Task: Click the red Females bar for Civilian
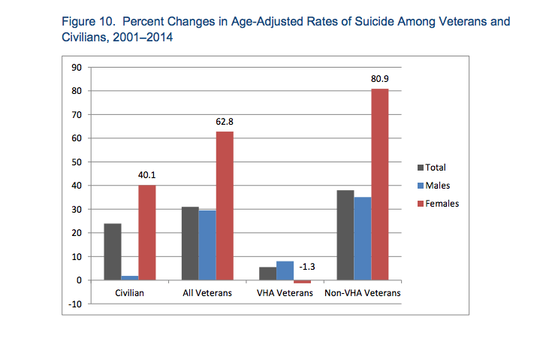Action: tap(146, 232)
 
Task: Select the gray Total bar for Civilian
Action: tap(113, 252)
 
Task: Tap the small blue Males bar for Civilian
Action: tap(129, 277)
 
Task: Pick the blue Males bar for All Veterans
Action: tap(208, 245)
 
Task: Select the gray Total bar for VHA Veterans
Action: tap(267, 273)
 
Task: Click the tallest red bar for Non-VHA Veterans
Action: tap(379, 184)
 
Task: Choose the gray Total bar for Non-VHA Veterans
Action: tap(345, 234)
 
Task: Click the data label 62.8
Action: tap(225, 121)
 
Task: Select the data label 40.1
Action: tap(146, 175)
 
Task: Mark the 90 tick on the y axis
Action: tap(76, 68)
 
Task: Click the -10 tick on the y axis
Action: tap(74, 304)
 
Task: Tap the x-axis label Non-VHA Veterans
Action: tap(363, 292)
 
